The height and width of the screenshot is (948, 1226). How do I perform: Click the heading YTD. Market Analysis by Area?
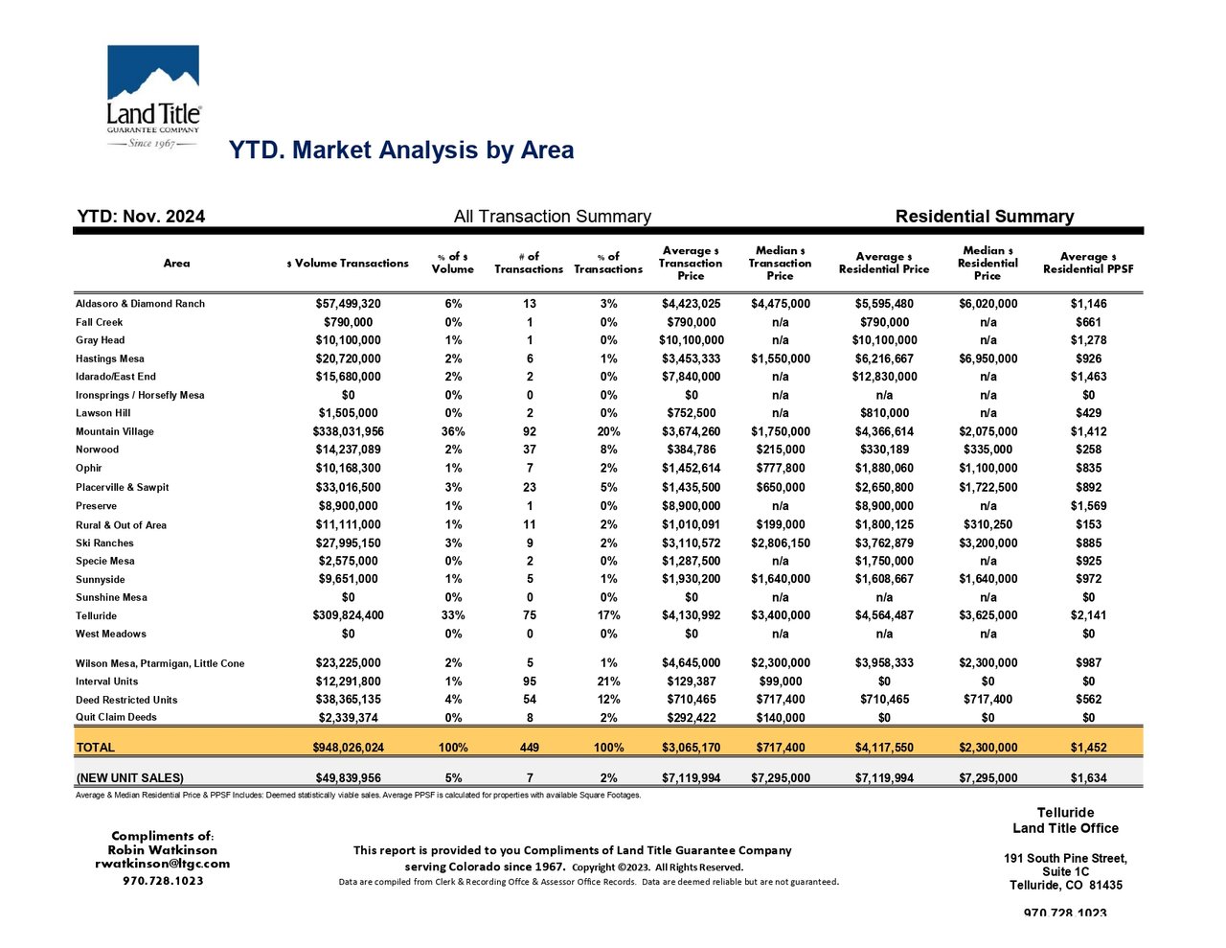(401, 150)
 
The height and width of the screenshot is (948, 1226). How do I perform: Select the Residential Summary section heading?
(985, 217)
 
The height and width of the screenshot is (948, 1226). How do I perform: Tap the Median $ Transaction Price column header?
(780, 263)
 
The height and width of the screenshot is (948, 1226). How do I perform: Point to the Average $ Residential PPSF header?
(1088, 263)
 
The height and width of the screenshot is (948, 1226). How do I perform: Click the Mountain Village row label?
(115, 431)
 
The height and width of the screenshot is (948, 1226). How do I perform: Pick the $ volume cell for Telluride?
(348, 614)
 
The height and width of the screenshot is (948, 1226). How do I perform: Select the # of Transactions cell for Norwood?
(530, 450)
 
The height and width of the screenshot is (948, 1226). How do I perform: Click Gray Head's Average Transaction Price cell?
(692, 340)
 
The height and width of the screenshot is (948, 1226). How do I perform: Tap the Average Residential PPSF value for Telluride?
(1088, 614)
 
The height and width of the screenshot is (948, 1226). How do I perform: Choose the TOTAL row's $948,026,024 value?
(348, 748)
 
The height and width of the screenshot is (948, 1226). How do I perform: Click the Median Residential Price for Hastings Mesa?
(988, 358)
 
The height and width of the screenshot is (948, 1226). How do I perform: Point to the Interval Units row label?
(106, 682)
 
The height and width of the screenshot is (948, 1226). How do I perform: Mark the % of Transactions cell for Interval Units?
(608, 682)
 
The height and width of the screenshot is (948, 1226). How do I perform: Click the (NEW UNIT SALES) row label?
(129, 778)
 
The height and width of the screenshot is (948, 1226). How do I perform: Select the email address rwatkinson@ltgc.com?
(163, 864)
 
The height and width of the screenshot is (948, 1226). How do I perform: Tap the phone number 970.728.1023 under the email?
(163, 881)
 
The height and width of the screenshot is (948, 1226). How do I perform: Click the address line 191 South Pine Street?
(1065, 858)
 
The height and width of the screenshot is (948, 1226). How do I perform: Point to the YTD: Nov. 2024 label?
(141, 217)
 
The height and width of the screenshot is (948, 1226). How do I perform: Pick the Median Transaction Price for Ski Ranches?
(781, 543)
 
